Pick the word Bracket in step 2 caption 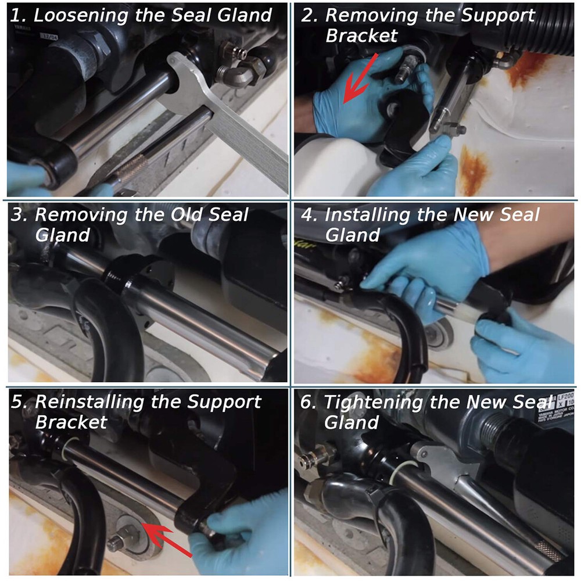click(x=361, y=35)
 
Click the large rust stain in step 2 click(x=474, y=171)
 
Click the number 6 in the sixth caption click(x=306, y=402)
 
